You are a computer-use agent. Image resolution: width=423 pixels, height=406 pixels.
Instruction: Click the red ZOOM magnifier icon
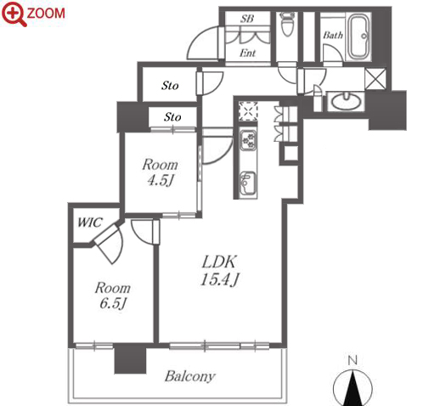pos(14,14)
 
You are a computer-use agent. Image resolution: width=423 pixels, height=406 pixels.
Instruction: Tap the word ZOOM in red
pos(46,14)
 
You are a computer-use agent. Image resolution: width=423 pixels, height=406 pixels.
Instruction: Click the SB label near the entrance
pos(247,19)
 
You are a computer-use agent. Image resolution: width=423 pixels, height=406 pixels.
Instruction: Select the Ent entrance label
pos(247,53)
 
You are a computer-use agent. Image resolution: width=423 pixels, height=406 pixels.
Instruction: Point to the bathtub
pos(359,37)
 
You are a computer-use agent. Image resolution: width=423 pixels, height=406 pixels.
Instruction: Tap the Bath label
pos(333,35)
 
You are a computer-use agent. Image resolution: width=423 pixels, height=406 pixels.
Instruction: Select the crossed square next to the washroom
pos(375,79)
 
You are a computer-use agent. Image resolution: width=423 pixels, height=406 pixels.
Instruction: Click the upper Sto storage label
pos(170,85)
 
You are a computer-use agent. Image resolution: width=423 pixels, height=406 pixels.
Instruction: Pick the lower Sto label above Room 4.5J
pos(172,116)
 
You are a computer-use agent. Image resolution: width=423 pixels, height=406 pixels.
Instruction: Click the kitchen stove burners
pos(248,140)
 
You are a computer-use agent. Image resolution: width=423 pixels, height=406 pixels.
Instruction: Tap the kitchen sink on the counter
pos(248,183)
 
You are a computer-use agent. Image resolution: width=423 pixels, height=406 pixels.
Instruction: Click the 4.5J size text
pos(161,180)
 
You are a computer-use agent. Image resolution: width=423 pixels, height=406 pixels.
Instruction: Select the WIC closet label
pos(89,223)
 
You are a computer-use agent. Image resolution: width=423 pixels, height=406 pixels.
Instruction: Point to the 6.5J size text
pos(112,303)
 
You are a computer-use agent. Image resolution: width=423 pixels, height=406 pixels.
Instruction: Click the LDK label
pos(218,262)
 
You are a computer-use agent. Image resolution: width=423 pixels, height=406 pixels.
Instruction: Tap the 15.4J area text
pos(220,280)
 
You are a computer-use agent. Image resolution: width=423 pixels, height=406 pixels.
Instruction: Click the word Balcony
pos(189,376)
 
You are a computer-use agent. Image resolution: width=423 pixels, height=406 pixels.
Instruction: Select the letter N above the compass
pos(352,360)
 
